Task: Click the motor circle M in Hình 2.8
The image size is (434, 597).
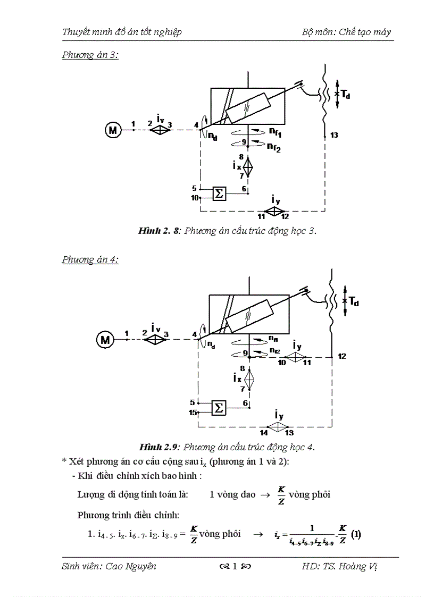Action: coord(112,129)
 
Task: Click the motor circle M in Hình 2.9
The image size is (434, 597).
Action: coord(105,339)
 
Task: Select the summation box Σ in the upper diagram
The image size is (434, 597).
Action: coord(219,194)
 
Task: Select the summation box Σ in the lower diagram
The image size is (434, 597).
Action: coord(218,408)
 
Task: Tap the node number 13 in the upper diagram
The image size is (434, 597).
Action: coord(334,136)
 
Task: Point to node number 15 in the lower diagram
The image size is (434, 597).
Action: coord(193,412)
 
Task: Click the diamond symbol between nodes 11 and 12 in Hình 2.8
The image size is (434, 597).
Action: coord(273,211)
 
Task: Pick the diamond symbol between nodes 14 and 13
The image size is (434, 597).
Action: coord(277,426)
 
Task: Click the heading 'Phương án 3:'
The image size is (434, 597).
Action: coord(90,55)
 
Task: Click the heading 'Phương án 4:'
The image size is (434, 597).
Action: coord(90,259)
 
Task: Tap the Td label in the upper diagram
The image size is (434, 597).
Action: coord(346,94)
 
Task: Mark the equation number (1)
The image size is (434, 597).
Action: coord(356,535)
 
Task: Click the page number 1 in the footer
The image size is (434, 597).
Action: coord(235,566)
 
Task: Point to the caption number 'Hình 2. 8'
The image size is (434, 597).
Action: coord(160,230)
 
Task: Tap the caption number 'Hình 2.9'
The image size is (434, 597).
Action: coord(159,445)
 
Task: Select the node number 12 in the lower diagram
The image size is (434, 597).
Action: coord(342,356)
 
